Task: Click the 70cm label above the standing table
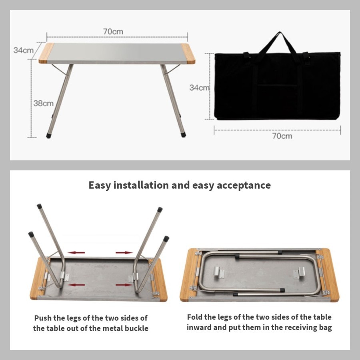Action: (x=113, y=32)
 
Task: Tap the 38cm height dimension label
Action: (x=43, y=103)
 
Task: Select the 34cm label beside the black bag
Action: (x=199, y=88)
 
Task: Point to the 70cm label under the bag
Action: (x=282, y=136)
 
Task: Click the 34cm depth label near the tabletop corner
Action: (x=24, y=50)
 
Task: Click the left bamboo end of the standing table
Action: (x=46, y=53)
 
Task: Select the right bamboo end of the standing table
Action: (x=188, y=54)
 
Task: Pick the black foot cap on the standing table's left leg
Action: (x=49, y=136)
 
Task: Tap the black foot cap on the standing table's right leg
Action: (x=183, y=134)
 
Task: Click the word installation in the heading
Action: (x=141, y=185)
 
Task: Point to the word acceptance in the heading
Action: (x=244, y=186)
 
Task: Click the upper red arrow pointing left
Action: (x=77, y=252)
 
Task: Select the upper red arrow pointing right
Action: (x=124, y=252)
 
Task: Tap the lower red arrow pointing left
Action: (x=77, y=285)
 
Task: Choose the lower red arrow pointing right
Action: (x=124, y=285)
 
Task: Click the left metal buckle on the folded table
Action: (x=219, y=272)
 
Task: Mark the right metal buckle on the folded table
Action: (x=299, y=273)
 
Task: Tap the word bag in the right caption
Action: (x=325, y=328)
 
